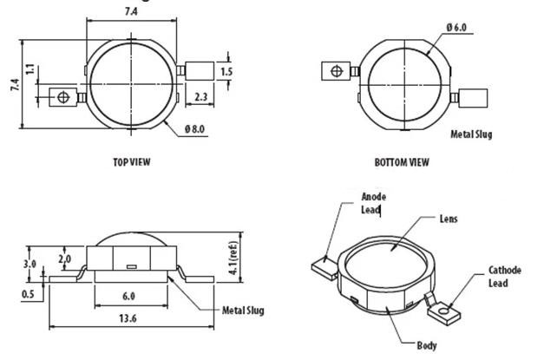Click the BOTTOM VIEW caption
401,162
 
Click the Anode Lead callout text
373,202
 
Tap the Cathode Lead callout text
503,276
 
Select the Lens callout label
449,219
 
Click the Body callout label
426,345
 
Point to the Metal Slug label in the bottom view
471,134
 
